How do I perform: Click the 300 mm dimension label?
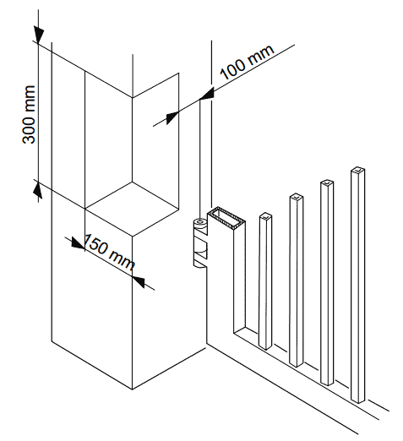click(29, 114)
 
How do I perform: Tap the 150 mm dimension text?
click(109, 252)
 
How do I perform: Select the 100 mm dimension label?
click(247, 62)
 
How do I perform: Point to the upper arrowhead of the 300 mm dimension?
click(39, 35)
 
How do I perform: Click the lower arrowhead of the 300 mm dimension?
click(38, 189)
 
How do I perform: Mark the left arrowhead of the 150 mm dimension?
click(77, 243)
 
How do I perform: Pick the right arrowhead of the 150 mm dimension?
click(139, 281)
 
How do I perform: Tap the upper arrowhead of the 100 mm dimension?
click(207, 94)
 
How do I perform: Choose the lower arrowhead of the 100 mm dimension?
click(172, 117)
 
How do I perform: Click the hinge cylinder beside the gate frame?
click(199, 242)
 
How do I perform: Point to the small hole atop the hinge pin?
click(200, 222)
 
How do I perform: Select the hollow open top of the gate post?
click(226, 218)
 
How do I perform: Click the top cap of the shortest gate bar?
click(265, 216)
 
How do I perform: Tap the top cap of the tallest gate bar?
click(358, 170)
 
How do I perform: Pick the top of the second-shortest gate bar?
click(297, 197)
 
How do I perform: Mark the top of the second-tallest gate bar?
click(327, 183)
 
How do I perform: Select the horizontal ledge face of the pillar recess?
click(132, 209)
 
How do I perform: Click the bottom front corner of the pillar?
click(133, 389)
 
